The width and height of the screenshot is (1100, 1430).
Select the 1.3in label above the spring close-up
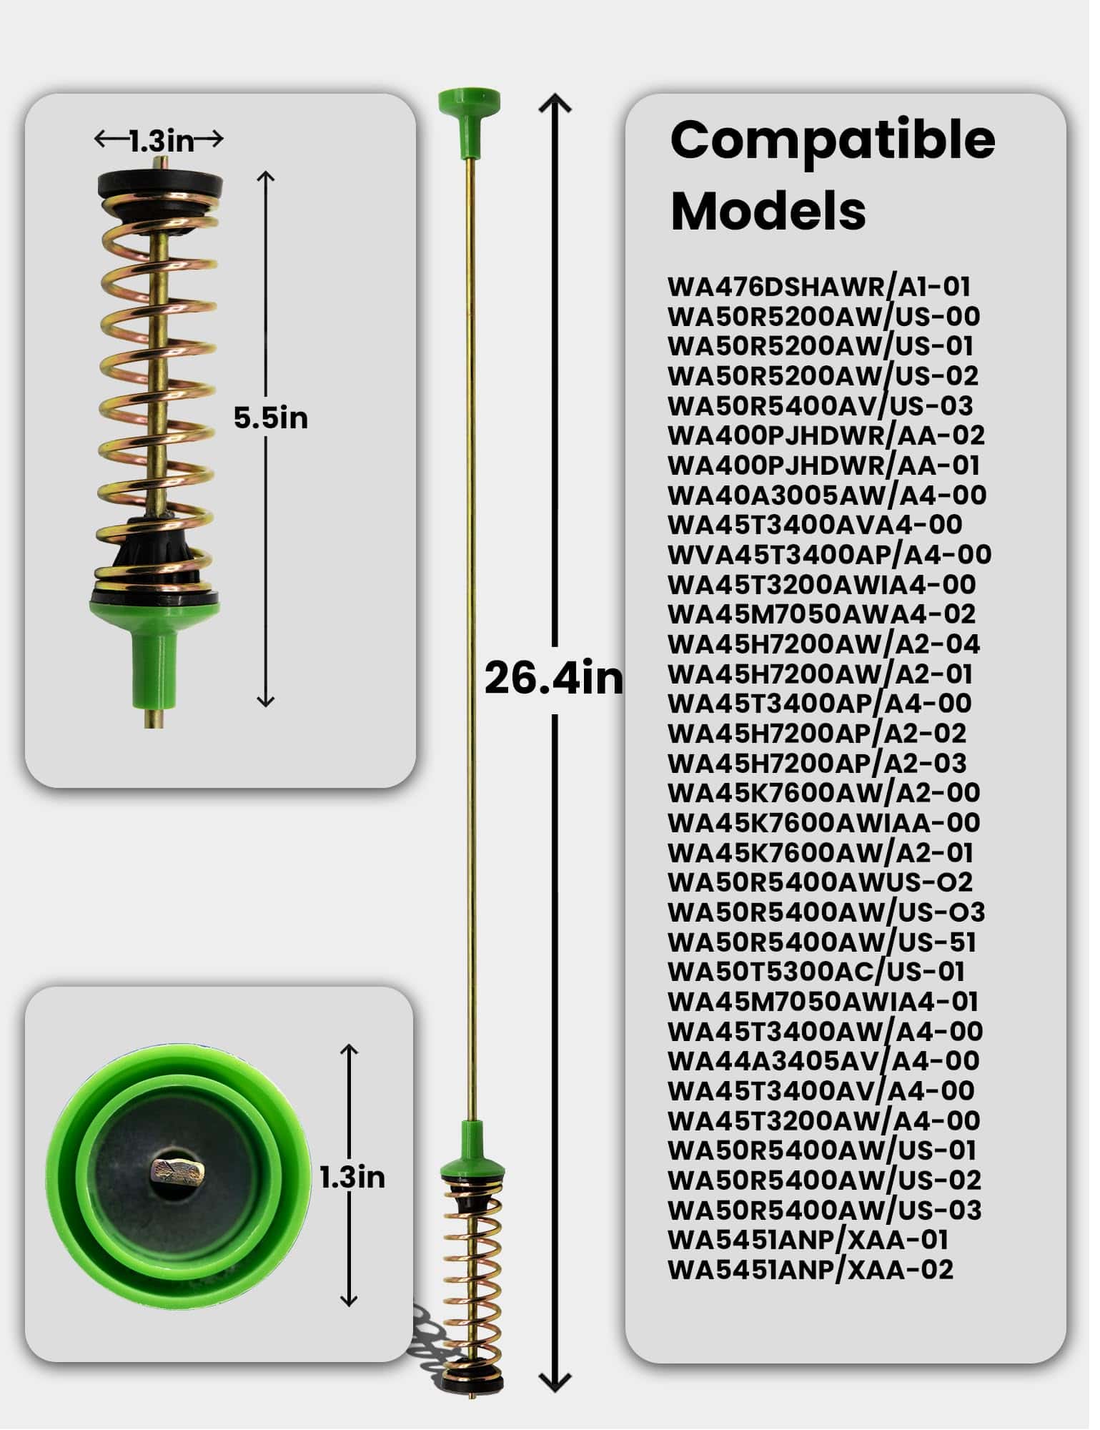(x=163, y=142)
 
